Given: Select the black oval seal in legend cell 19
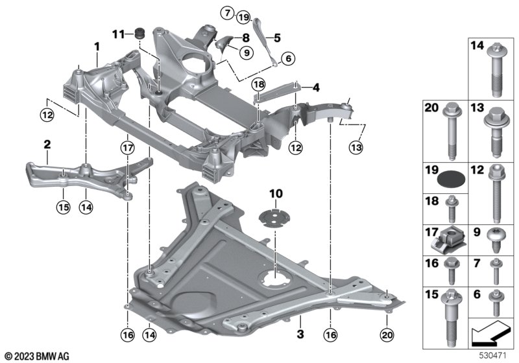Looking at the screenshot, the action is [451, 180].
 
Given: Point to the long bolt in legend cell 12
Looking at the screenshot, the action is [496, 193].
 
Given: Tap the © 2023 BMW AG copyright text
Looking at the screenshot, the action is [37, 356].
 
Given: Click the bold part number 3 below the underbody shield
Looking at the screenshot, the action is [300, 334].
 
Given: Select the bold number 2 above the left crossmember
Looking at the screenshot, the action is [47, 144].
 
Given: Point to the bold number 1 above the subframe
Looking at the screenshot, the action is [97, 47].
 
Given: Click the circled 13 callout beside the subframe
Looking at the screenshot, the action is [356, 147].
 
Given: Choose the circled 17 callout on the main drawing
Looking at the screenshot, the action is [127, 148].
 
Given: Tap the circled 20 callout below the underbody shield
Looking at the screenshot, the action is [387, 335].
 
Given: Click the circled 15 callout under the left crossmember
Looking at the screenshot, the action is [63, 207].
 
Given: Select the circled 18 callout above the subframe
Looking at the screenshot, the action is [258, 85].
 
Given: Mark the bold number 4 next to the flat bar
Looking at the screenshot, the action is [316, 88].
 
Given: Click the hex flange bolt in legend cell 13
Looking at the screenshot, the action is [496, 132].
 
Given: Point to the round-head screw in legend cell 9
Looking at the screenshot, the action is [496, 240].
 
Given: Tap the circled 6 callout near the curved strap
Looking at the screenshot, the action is [288, 59].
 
